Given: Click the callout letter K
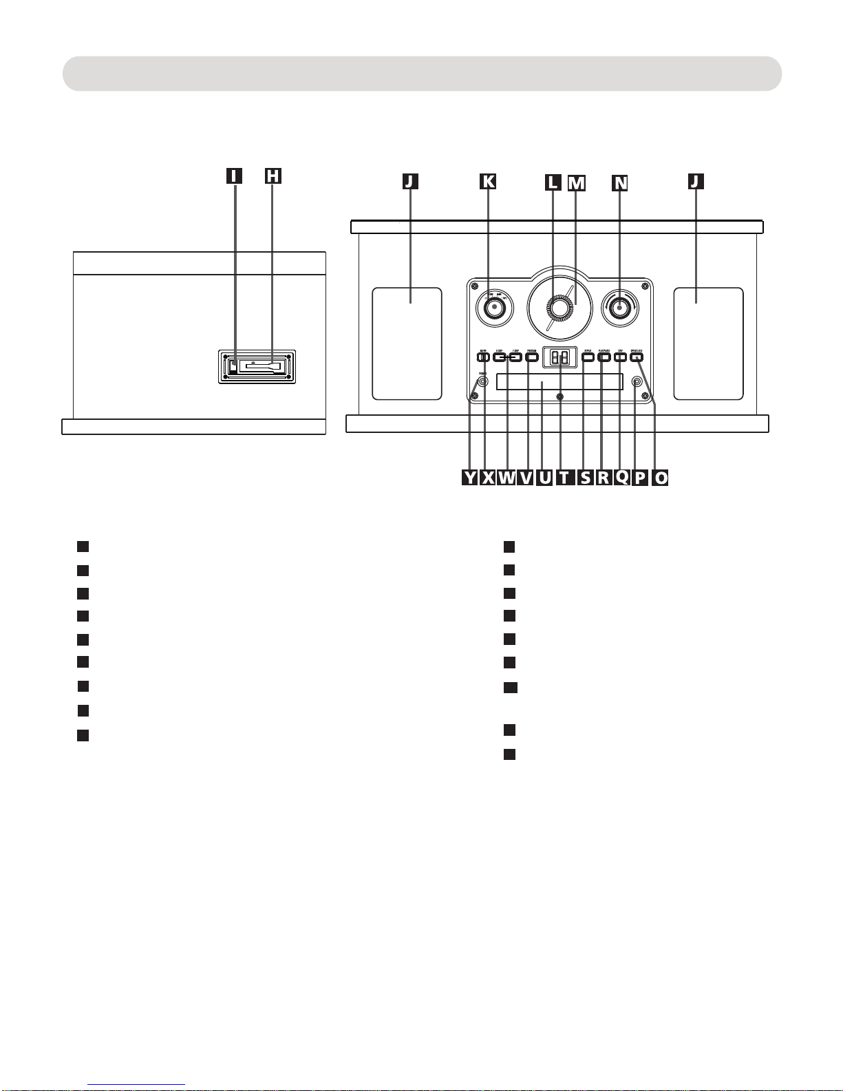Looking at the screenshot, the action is pos(487,181).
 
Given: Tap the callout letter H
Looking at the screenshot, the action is pos(273,176).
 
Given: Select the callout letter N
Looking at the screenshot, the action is pos(621,182).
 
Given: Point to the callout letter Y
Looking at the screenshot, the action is pos(469,478).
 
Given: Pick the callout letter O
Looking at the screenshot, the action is pos(660,478).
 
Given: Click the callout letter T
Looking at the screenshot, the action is pos(564,478).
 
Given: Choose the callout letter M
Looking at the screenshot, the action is pos(576,182).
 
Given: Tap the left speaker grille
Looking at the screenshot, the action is pos(407,343).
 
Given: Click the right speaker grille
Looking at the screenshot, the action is pos(708,343).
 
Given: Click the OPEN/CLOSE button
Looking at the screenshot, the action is pos(637,357).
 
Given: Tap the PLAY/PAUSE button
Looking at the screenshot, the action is pos(604,357).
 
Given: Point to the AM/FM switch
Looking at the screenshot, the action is pos(482,357).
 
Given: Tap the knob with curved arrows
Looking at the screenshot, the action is pos(619,307).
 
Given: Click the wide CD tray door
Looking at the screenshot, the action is pos(559,382).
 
